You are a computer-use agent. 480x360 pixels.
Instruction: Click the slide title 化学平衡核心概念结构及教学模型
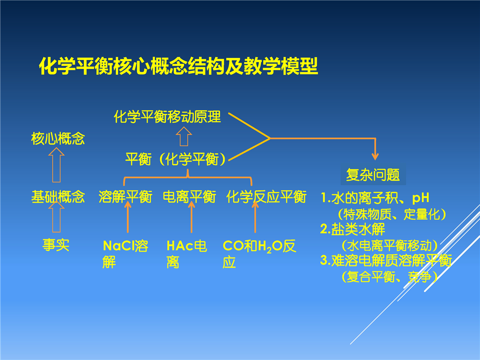tap(178, 66)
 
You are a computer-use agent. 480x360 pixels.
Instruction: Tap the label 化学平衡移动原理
tap(167, 116)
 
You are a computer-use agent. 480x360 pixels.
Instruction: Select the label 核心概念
tap(58, 138)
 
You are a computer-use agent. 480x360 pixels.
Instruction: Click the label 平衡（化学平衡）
tap(175, 159)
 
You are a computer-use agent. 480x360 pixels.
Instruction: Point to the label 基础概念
tap(58, 196)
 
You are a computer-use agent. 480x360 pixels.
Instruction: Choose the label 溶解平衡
tap(125, 196)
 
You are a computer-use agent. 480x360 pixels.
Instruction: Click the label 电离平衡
tap(189, 196)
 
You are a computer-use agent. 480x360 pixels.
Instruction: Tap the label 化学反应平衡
tap(266, 196)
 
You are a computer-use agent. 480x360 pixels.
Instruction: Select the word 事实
tap(56, 245)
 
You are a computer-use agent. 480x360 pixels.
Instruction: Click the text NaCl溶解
tap(125, 254)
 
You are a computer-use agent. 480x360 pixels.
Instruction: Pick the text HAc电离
tap(186, 254)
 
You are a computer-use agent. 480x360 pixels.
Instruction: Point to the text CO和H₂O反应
tap(259, 254)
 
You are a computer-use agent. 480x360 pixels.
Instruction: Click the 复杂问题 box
tap(373, 175)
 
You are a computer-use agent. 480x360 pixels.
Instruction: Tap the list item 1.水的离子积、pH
tap(374, 198)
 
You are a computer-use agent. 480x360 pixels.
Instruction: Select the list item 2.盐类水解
tap(352, 229)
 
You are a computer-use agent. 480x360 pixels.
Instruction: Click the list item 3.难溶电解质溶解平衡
tap(386, 260)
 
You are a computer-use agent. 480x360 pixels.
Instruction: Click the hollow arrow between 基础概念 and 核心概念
tap(56, 164)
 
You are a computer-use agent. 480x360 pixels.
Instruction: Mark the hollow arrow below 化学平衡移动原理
tap(184, 136)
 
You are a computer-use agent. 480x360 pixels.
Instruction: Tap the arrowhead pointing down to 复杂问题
tap(375, 156)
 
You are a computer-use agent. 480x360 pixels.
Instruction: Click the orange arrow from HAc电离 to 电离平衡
tap(191, 216)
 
